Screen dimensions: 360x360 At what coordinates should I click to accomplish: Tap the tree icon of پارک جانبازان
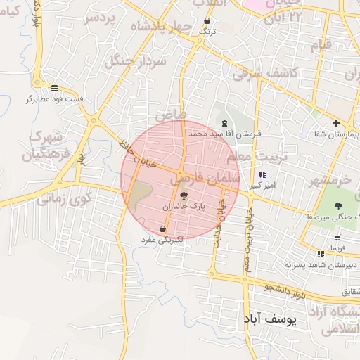184,196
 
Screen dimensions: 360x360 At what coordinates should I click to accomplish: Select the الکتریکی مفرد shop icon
163,229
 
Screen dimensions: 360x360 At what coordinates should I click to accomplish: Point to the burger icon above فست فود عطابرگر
55,87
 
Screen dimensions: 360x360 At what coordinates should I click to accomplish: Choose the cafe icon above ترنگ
206,21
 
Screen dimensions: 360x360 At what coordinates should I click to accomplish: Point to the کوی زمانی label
65,199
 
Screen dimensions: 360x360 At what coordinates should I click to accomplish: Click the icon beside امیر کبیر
262,174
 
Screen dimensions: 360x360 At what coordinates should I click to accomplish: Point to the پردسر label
100,18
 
